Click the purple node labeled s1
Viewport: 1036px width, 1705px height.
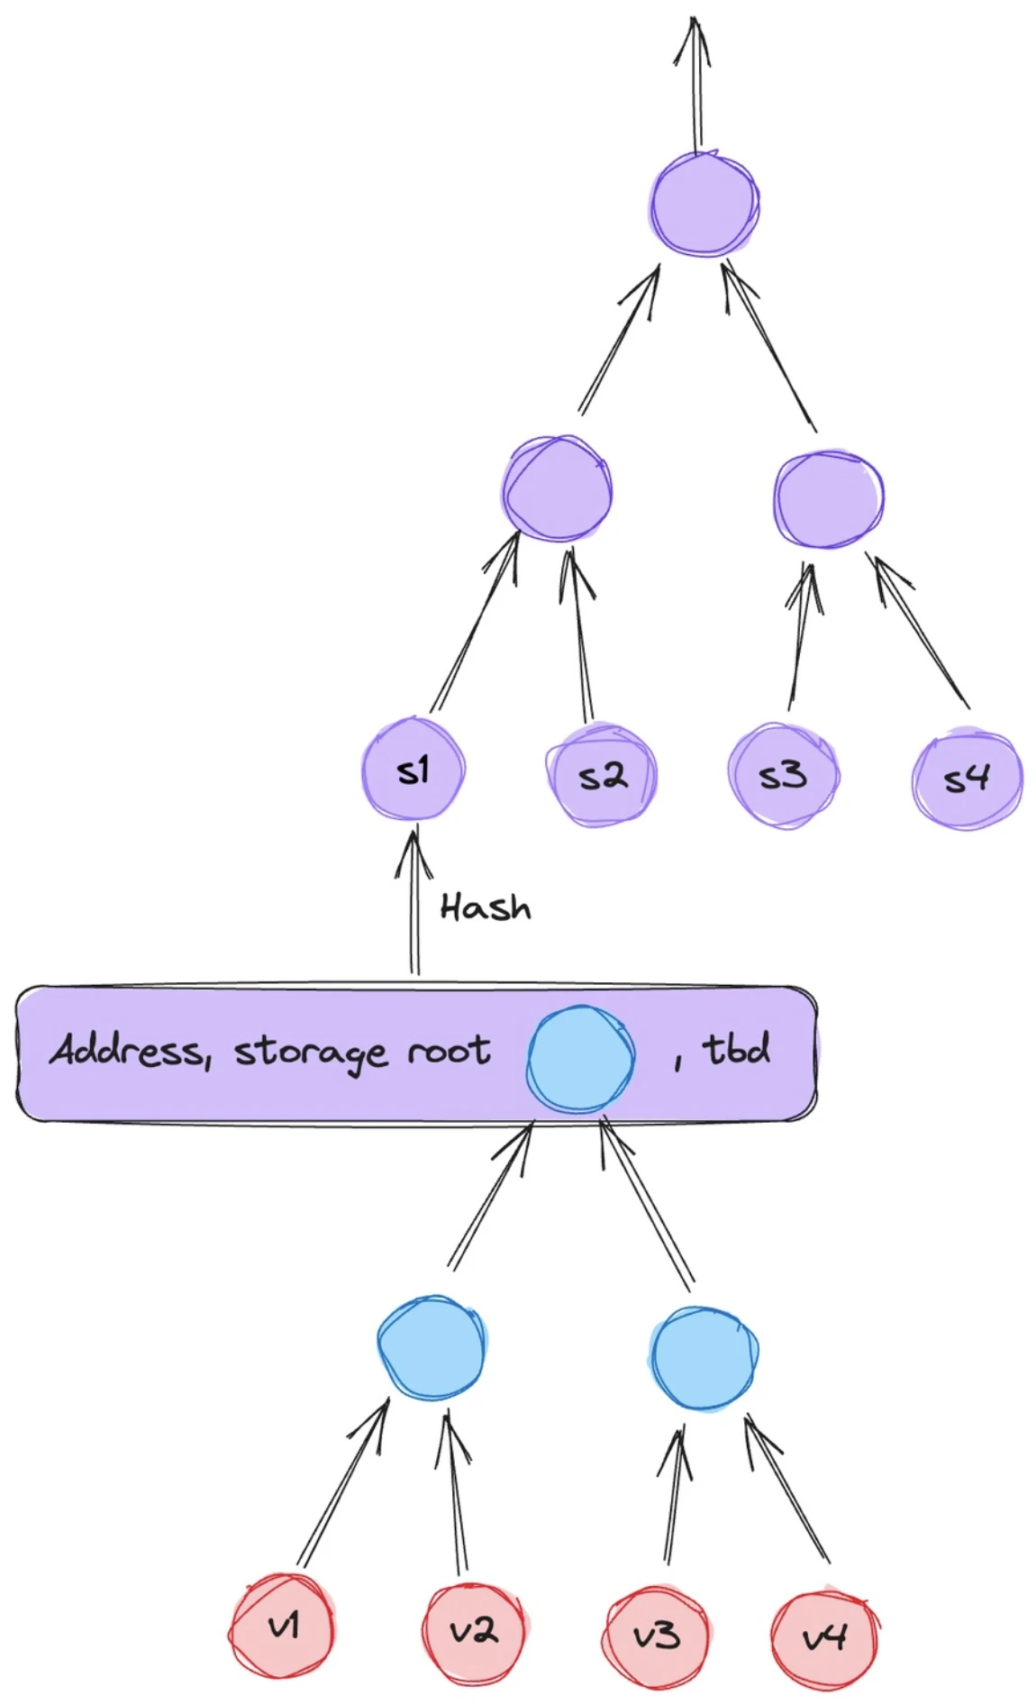click(x=413, y=769)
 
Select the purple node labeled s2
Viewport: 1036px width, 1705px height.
click(x=602, y=775)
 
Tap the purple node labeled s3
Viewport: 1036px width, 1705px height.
click(x=783, y=775)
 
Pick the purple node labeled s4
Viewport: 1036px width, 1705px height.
click(x=967, y=778)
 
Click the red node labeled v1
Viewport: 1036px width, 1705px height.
click(x=283, y=1627)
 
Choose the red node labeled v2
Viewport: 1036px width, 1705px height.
click(x=473, y=1630)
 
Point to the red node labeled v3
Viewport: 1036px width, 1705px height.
click(x=655, y=1634)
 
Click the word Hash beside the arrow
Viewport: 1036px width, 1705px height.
click(x=486, y=907)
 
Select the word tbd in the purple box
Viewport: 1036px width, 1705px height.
click(x=736, y=1049)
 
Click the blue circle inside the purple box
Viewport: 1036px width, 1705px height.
click(x=580, y=1059)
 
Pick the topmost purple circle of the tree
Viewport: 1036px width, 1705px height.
click(x=705, y=204)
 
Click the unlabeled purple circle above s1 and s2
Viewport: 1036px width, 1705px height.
click(x=557, y=489)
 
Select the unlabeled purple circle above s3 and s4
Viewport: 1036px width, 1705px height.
click(x=828, y=499)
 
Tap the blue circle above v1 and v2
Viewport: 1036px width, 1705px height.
click(x=432, y=1347)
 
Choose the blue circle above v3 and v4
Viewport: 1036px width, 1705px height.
click(x=704, y=1357)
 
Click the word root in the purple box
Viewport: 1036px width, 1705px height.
click(x=449, y=1051)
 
